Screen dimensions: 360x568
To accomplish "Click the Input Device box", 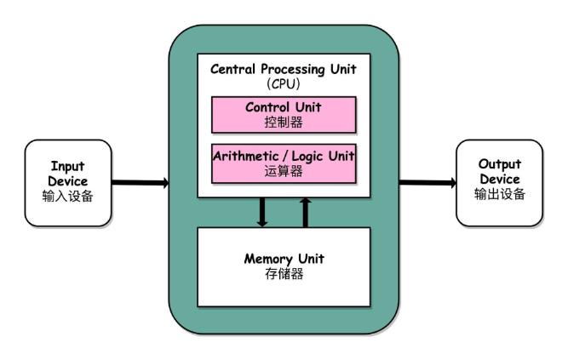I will (x=67, y=181).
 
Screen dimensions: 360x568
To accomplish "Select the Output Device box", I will (x=499, y=181).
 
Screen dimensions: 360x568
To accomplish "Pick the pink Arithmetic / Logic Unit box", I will (x=284, y=163).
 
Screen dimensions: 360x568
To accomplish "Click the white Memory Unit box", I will (x=284, y=266).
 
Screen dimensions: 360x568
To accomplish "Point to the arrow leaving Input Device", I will (x=140, y=182).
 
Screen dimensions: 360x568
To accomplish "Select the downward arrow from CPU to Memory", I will (x=262, y=212).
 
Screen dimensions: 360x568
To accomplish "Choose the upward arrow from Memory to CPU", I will (x=306, y=212).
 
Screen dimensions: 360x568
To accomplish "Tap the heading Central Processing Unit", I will (x=284, y=69).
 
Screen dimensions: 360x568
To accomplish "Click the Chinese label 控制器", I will (x=284, y=122).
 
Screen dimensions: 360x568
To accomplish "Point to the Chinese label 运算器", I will (x=284, y=171).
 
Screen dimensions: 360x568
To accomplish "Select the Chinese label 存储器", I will (x=284, y=274).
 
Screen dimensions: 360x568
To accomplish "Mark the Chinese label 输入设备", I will (x=67, y=196).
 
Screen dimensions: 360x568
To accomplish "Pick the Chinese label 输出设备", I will (x=499, y=194).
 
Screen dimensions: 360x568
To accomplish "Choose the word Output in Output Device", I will (x=499, y=164).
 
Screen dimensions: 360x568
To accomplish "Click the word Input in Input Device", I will (x=67, y=166).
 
